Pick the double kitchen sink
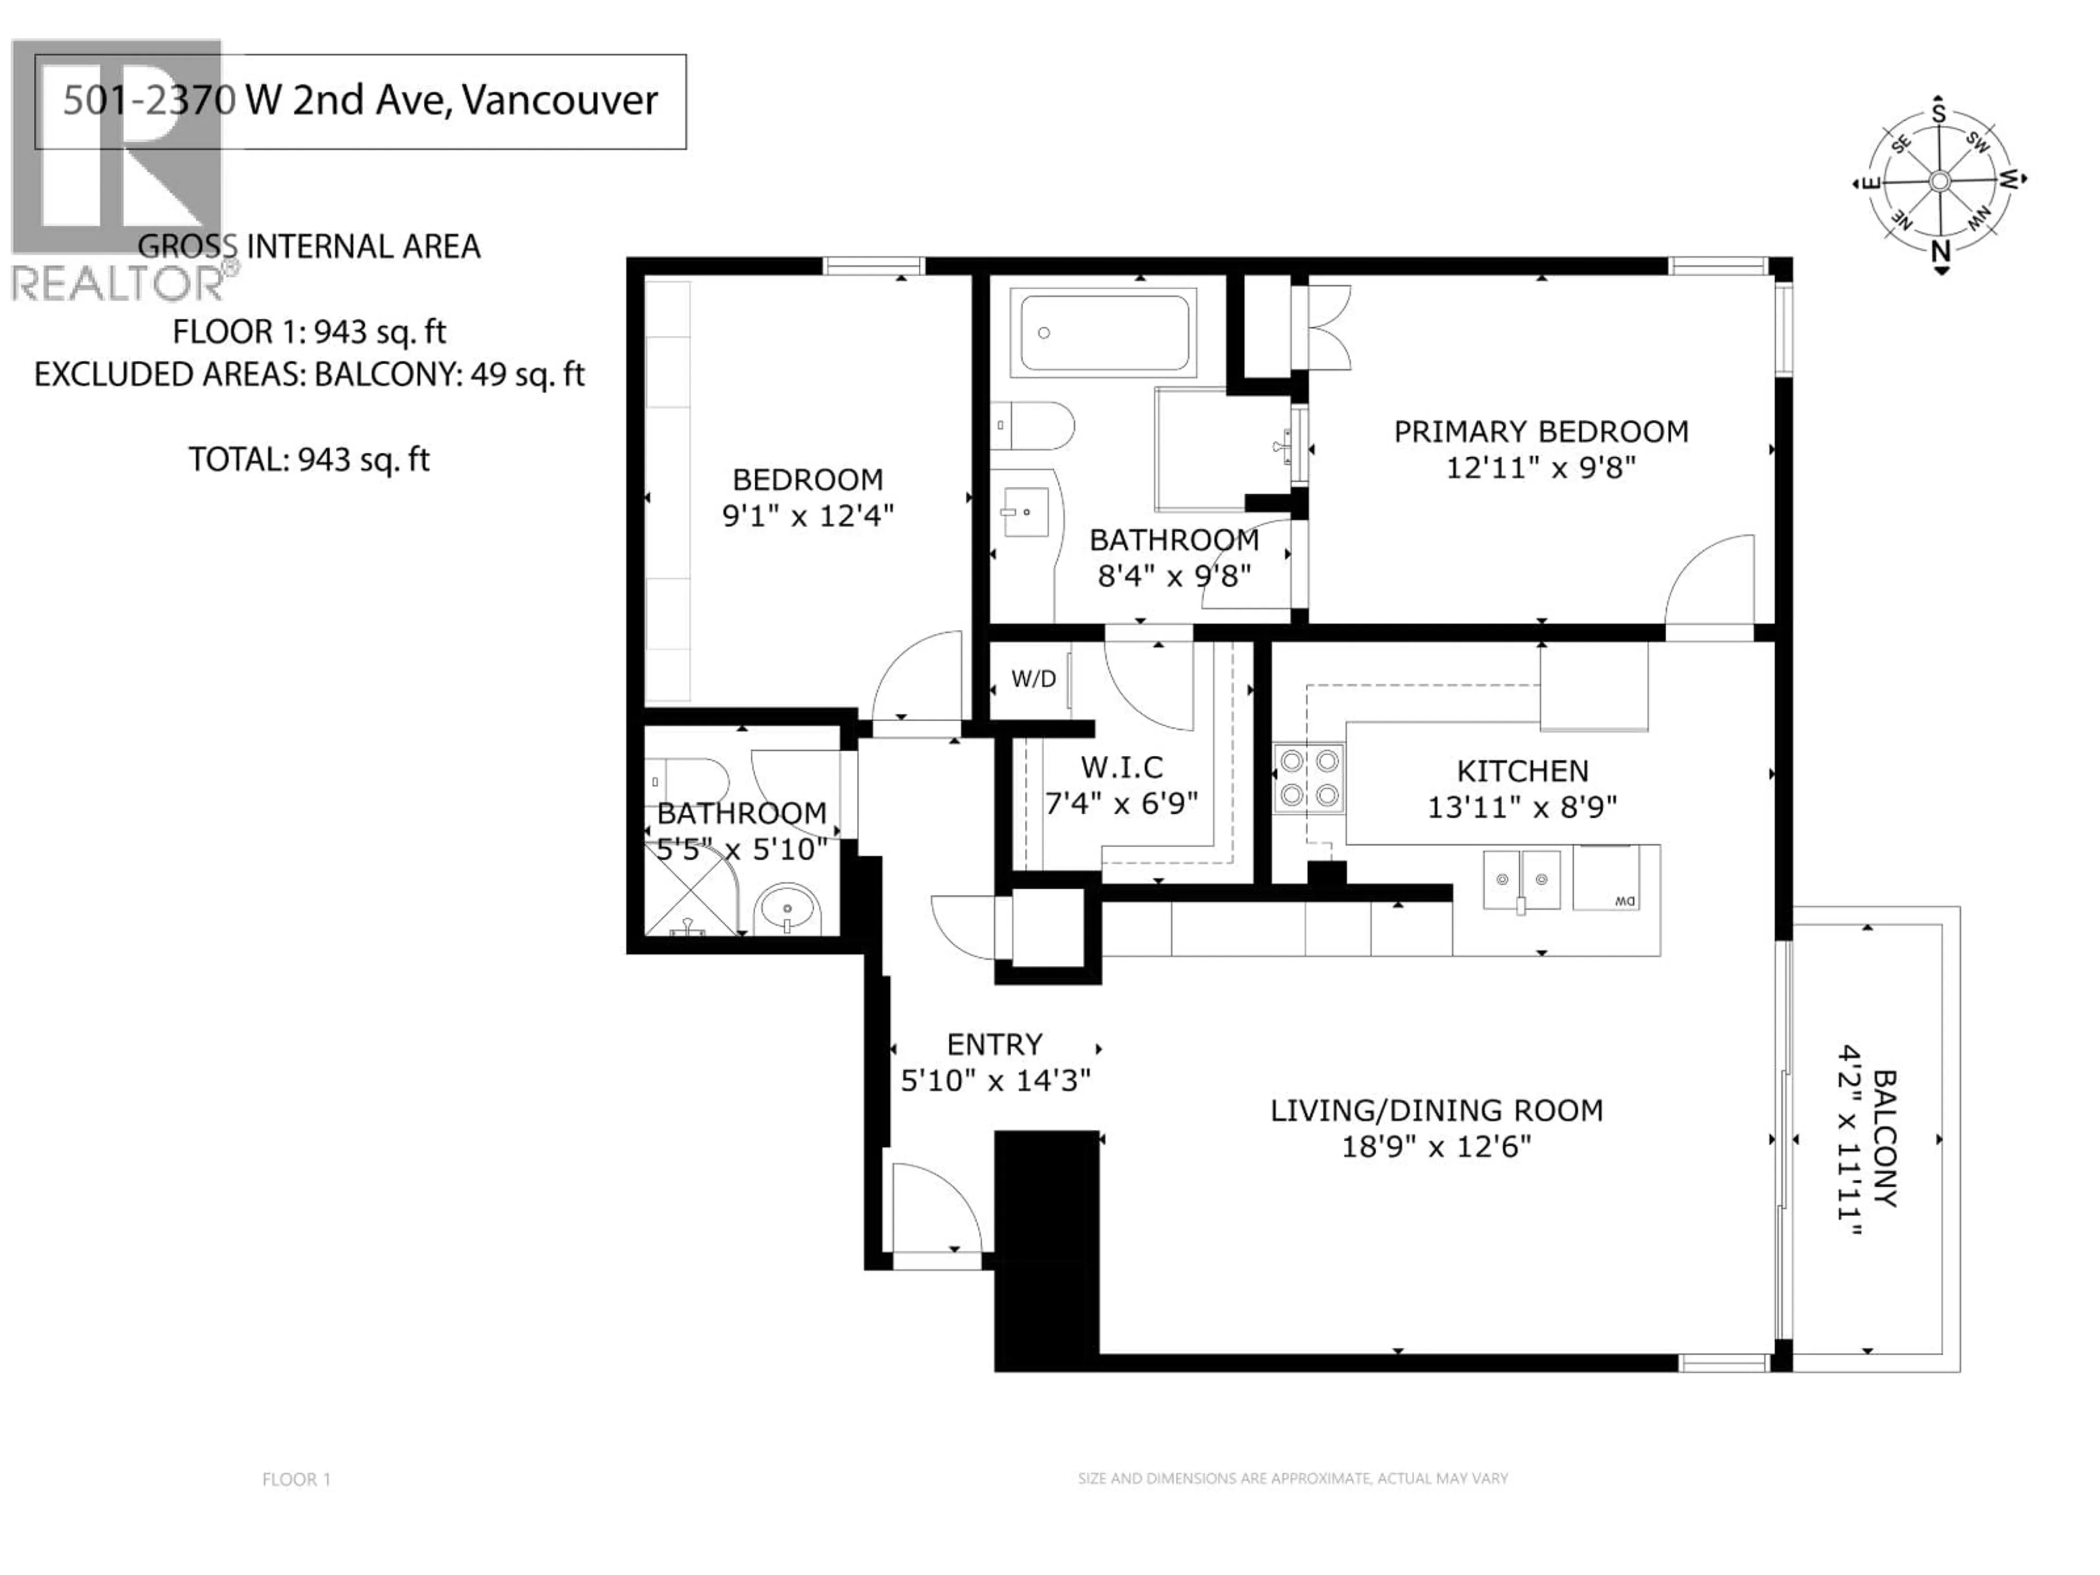tap(1522, 880)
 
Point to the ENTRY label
tap(994, 1045)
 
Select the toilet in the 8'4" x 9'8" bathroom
tap(1035, 426)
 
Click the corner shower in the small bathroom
tap(693, 888)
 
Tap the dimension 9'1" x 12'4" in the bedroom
tap(808, 516)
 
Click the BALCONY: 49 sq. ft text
tap(448, 375)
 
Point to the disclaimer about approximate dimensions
tap(1292, 1478)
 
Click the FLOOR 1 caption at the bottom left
tap(296, 1479)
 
